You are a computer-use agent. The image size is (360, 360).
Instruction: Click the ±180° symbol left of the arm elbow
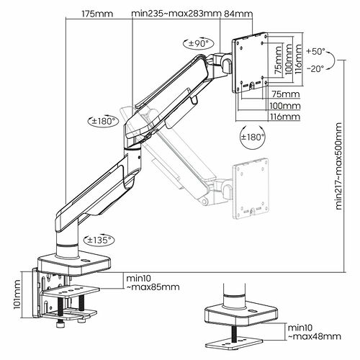point(104,121)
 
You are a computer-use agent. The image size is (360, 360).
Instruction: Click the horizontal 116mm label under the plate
point(286,117)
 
